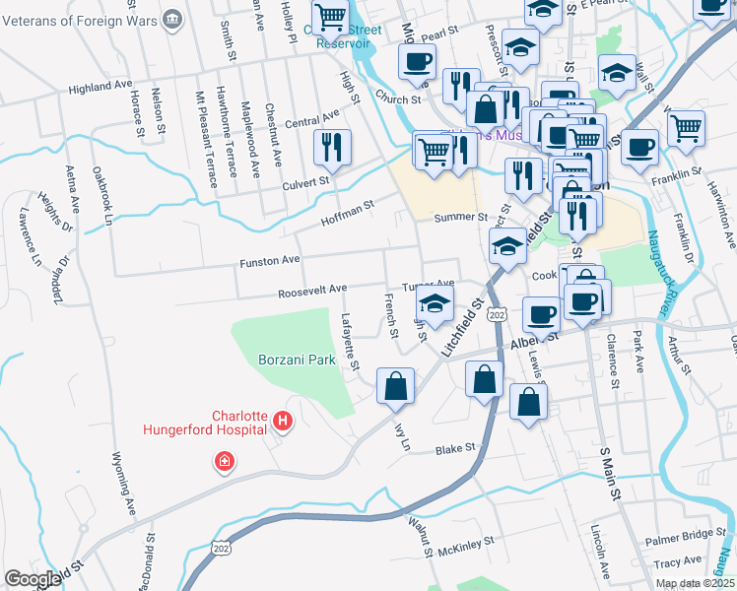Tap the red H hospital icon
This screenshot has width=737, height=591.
[x=283, y=422]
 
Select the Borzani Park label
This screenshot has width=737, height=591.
[x=297, y=361]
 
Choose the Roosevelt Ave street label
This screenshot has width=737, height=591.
[x=311, y=289]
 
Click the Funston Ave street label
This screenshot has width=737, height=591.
[x=269, y=263]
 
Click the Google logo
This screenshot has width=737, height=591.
[x=33, y=579]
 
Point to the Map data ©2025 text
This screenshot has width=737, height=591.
[x=694, y=583]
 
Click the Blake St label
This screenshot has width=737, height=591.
[x=455, y=448]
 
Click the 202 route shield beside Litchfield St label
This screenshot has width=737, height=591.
[x=497, y=314]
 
